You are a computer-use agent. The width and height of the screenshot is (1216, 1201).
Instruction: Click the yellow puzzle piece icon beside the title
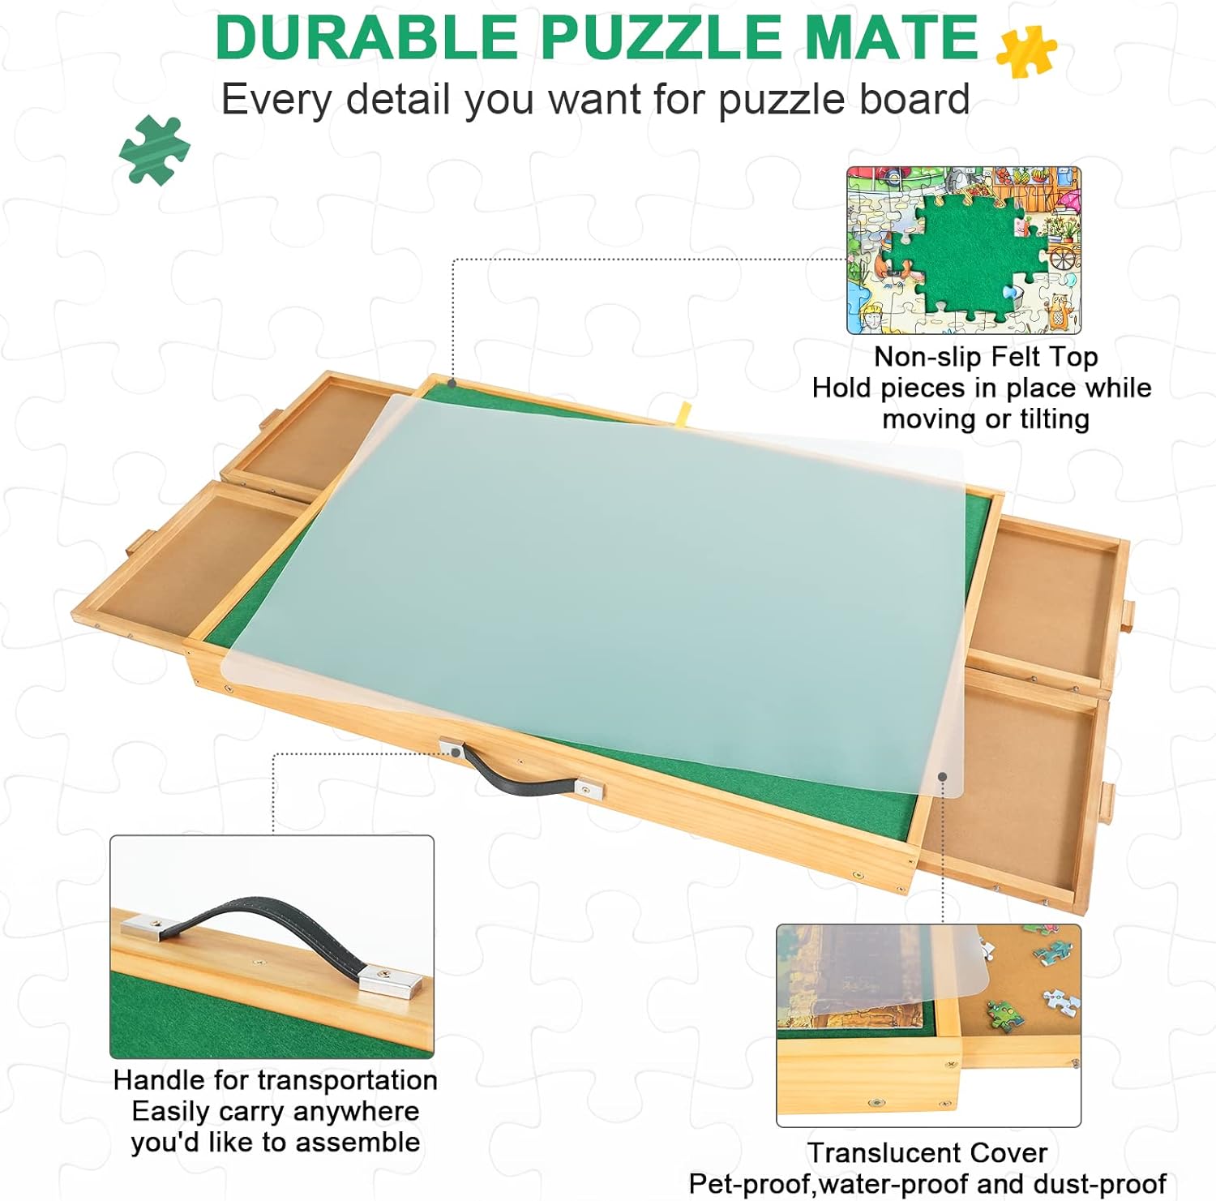tap(1026, 51)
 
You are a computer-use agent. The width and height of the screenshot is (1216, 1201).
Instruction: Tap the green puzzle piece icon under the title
tap(154, 150)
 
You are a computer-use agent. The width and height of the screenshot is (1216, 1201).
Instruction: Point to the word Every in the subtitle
tap(276, 101)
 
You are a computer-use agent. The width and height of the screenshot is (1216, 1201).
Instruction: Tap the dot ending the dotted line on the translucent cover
tap(943, 777)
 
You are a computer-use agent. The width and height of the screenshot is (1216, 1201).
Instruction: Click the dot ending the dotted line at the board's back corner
tap(452, 384)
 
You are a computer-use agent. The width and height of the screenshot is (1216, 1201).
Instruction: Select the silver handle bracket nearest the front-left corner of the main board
tap(452, 748)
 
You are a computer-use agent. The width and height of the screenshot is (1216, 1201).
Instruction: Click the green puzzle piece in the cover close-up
tap(1003, 1014)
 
